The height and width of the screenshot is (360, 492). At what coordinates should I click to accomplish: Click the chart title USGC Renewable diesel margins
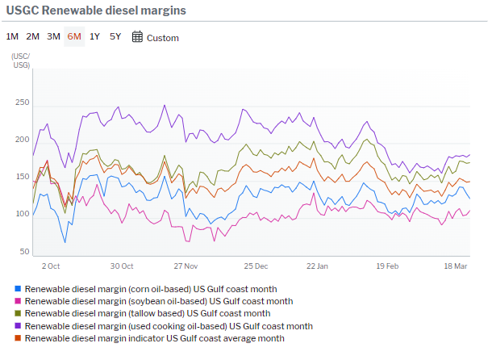pos(96,11)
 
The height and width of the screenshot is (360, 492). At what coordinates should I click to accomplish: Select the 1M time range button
pos(13,37)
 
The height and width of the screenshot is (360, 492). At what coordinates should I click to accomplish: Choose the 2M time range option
pos(33,37)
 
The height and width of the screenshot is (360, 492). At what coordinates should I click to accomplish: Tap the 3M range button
pos(53,37)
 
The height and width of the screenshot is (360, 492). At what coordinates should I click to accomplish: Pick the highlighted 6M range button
pos(74,37)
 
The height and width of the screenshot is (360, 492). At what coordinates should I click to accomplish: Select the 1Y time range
pos(95,37)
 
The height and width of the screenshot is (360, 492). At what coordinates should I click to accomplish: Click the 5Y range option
pos(115,37)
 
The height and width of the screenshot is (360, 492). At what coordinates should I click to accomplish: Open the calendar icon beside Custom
pos(137,37)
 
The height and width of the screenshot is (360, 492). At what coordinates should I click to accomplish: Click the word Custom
pos(163,38)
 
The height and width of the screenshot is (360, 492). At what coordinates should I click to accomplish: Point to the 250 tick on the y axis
pos(22,103)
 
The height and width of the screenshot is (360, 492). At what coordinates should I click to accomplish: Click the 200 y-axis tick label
pos(22,140)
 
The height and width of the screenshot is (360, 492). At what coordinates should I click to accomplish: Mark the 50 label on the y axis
pos(24,252)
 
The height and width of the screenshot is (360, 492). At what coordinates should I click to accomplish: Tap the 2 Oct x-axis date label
pos(51,266)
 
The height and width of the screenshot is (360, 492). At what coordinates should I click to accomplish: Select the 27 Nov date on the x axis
pos(186,266)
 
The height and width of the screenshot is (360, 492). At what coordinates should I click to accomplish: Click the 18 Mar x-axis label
pos(457,266)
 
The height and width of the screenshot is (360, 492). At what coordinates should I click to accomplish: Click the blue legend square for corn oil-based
pos(19,288)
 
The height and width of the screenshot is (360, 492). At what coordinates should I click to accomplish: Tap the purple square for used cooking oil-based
pos(19,326)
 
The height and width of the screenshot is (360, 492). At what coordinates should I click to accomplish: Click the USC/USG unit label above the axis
pos(21,60)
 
